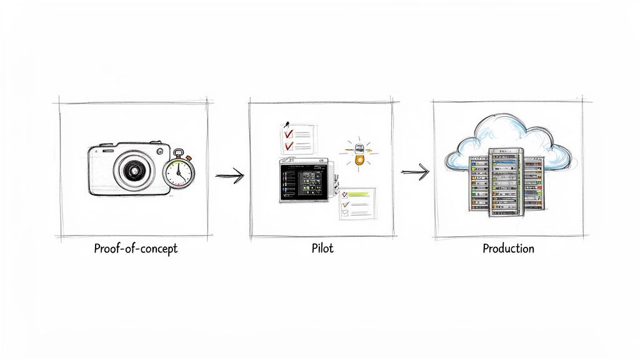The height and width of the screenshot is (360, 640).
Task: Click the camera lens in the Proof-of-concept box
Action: [132, 169]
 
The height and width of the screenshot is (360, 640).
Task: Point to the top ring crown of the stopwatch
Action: [179, 152]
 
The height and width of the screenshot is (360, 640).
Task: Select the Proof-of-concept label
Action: [136, 249]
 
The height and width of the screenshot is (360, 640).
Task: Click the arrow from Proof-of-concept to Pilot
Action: [229, 176]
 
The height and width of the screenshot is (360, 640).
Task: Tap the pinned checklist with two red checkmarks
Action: [298, 139]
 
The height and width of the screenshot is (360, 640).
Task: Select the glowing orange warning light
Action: [359, 159]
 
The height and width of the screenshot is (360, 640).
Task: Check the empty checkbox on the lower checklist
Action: [344, 214]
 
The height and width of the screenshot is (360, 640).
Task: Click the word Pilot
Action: [322, 249]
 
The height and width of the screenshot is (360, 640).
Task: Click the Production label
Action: [508, 249]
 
